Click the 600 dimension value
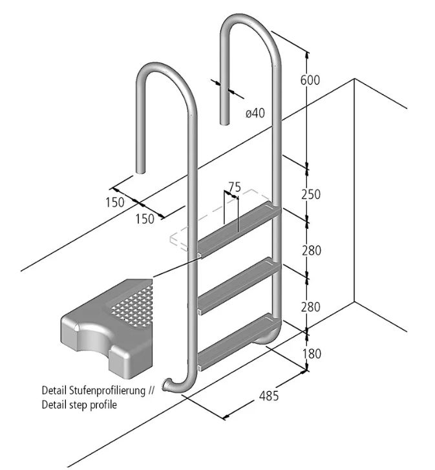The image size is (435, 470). pos(310,80)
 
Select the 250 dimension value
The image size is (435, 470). pos(311,194)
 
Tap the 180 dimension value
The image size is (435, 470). pos(312,354)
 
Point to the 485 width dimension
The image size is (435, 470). pos(269,396)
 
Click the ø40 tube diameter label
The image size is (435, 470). pos(255,113)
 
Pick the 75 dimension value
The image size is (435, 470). pos(235,187)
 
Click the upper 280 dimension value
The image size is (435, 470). pos(312,250)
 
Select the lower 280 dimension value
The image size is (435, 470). pos(311,307)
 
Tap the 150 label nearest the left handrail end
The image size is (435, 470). pos(115,202)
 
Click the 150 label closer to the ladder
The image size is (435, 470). pos(145,219)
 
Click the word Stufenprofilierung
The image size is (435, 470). pos(107,390)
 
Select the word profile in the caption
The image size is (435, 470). pos(103,405)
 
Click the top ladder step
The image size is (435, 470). pos(238,230)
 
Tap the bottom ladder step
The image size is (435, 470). pos(238,342)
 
